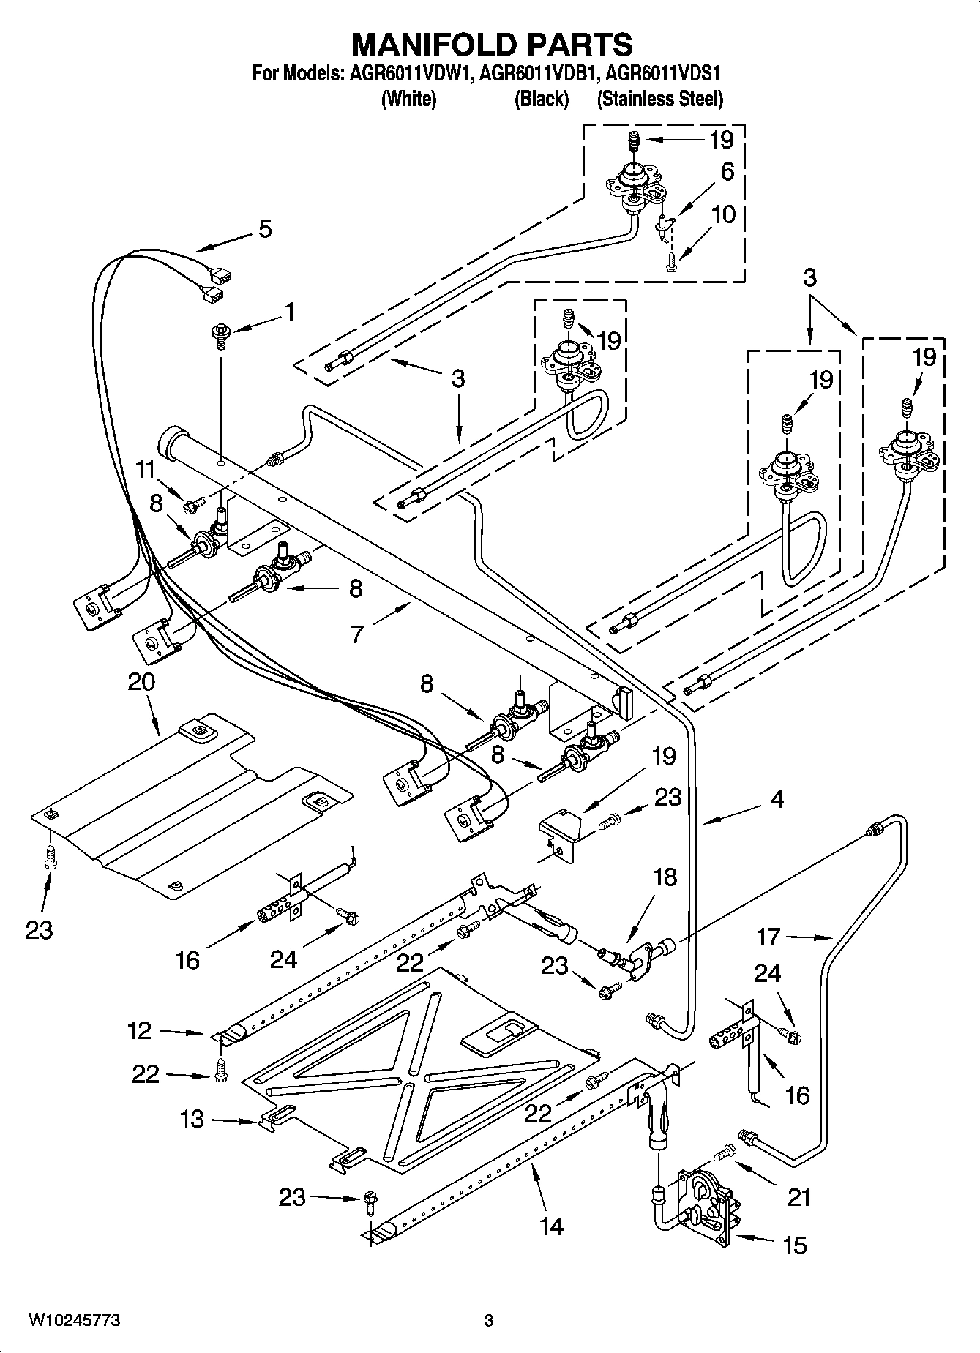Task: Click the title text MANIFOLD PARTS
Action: (x=492, y=45)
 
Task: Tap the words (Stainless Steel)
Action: (x=659, y=99)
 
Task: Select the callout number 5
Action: (x=265, y=229)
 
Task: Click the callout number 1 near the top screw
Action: (x=290, y=312)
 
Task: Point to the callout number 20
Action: (x=141, y=682)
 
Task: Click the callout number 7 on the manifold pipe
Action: (x=356, y=634)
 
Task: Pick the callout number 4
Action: (x=777, y=799)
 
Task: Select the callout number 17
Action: (x=768, y=936)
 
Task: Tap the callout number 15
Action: (x=795, y=1245)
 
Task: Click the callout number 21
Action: (x=799, y=1198)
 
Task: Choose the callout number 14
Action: (x=551, y=1226)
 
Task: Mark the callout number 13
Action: (x=192, y=1119)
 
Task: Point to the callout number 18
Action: (x=665, y=877)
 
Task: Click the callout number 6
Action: (x=727, y=171)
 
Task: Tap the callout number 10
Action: (x=723, y=215)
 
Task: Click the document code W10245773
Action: (x=74, y=1321)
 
